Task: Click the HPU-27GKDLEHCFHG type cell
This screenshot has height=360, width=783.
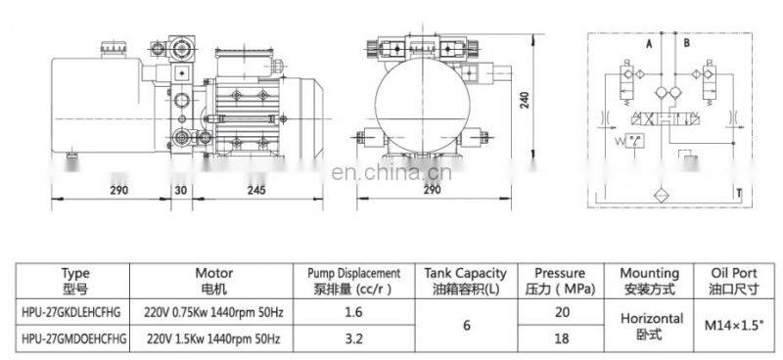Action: pos(70,313)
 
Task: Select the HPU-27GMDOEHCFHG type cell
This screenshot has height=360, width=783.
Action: pos(74,339)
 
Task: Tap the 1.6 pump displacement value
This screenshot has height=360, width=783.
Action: pos(353,313)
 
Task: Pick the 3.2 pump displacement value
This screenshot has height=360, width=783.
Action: pos(353,339)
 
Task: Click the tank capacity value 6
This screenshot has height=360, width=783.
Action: pos(467,326)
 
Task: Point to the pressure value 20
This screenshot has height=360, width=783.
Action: pos(562,313)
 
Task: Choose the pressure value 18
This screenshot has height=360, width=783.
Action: pos(562,339)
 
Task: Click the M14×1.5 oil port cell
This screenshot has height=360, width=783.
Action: pos(733,326)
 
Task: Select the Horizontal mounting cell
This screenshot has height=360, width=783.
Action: pos(652,326)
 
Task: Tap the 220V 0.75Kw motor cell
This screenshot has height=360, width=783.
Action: pos(213,313)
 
